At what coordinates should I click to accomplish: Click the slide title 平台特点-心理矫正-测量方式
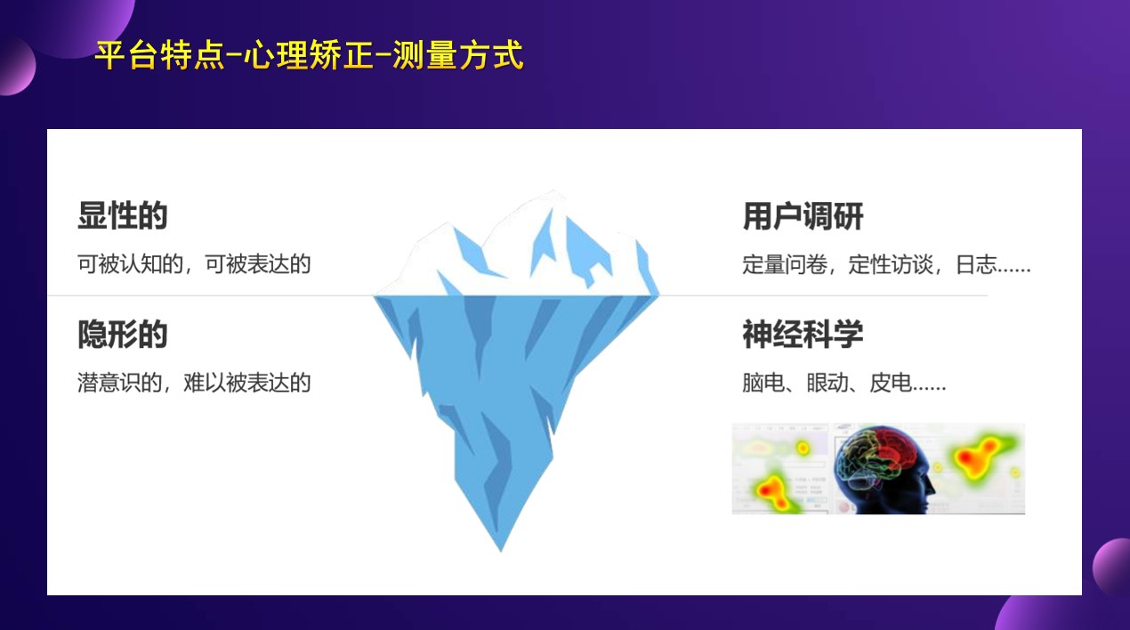click(309, 55)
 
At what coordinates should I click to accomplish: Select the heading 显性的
click(122, 216)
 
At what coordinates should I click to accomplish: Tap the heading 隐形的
click(122, 335)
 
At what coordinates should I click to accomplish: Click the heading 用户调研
click(803, 216)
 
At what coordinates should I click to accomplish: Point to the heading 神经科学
click(803, 335)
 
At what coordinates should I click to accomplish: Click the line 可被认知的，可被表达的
click(194, 264)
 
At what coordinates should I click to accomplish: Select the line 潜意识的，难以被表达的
click(194, 384)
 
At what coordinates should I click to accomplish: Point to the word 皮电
click(891, 384)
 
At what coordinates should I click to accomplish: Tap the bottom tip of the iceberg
click(500, 545)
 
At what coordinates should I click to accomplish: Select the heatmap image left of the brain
click(779, 469)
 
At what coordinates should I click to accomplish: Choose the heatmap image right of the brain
click(979, 469)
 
